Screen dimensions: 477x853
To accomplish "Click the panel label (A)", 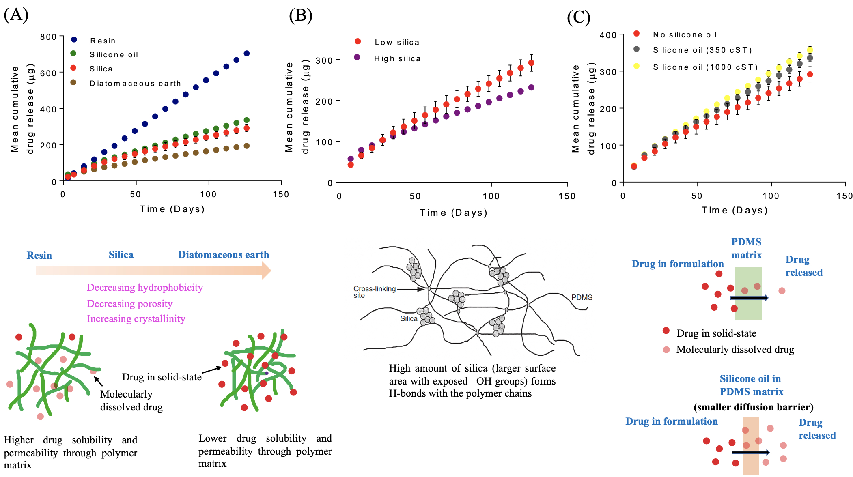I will click(x=16, y=15).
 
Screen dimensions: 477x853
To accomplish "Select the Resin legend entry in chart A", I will click(x=103, y=41).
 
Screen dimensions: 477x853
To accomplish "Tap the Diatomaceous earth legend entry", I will click(x=135, y=83).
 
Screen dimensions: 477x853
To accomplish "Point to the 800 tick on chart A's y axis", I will click(x=48, y=37).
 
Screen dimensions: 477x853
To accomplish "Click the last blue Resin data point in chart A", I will click(x=246, y=54).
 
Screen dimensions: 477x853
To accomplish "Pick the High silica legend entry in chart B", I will click(x=397, y=58).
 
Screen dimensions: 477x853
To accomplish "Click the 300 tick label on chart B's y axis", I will click(x=324, y=60).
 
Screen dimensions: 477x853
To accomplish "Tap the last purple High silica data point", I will click(x=531, y=88).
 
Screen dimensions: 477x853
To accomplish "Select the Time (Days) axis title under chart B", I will click(x=453, y=213).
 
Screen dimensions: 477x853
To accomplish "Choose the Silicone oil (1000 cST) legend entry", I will click(x=705, y=67).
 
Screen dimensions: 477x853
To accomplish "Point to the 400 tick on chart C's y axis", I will click(x=608, y=35).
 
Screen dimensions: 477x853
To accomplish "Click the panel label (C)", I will click(x=578, y=17).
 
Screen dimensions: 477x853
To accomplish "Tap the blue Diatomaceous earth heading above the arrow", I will click(x=224, y=255).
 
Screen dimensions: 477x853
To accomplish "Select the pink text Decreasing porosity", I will click(x=129, y=304).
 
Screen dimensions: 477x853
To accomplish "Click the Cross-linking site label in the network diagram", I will click(x=374, y=291).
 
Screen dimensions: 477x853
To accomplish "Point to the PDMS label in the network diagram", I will click(x=582, y=297).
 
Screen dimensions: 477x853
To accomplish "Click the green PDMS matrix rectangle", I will click(x=748, y=293).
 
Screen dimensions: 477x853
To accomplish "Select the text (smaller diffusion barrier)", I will click(x=753, y=407).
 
